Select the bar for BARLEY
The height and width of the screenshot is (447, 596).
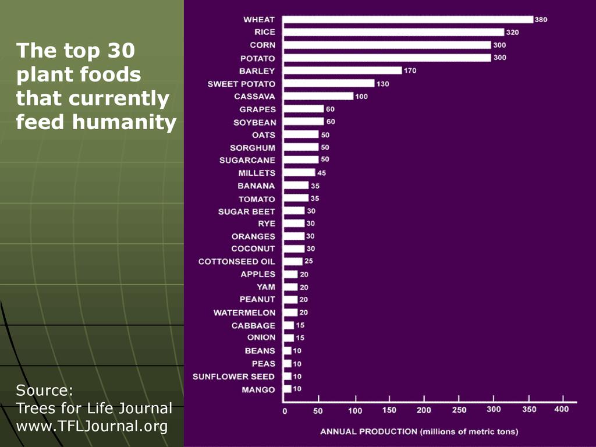click(x=343, y=70)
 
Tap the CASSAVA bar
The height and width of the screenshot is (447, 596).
click(x=318, y=96)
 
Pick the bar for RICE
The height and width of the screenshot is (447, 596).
click(x=394, y=32)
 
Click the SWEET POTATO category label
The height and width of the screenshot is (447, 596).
click(x=242, y=84)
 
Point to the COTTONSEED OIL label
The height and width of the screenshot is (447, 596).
click(x=236, y=261)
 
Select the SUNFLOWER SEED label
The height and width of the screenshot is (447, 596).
click(x=233, y=377)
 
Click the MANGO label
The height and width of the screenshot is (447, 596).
click(x=258, y=389)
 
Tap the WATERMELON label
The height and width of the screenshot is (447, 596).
click(x=244, y=313)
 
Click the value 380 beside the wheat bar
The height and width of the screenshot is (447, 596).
click(x=541, y=19)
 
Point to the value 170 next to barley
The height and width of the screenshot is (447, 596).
click(x=410, y=70)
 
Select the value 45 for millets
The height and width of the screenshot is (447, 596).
click(x=322, y=173)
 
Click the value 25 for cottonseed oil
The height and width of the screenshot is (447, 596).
click(x=308, y=261)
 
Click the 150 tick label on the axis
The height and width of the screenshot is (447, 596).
click(x=389, y=410)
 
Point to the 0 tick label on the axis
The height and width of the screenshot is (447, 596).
click(x=285, y=411)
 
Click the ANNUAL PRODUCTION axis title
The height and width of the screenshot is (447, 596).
click(x=418, y=431)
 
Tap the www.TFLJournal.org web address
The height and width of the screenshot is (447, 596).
click(x=91, y=426)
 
